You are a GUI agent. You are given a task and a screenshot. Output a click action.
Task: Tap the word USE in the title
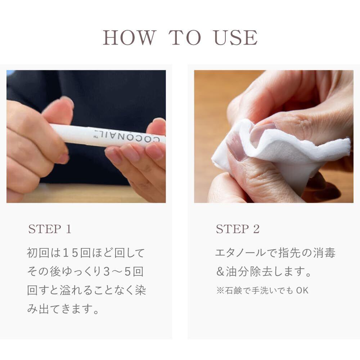tap(235, 37)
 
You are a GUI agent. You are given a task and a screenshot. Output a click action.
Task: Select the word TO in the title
tap(185, 37)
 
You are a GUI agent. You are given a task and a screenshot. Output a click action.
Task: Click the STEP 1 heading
tap(50, 229)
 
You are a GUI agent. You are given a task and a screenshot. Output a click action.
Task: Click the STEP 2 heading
tap(238, 229)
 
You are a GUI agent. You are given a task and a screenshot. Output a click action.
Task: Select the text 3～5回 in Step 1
tap(123, 271)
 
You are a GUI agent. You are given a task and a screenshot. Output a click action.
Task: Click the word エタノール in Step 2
tap(240, 253)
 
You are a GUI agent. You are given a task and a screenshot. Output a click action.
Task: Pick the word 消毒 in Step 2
tap(324, 253)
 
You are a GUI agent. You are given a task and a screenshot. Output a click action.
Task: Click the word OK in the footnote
tap(302, 291)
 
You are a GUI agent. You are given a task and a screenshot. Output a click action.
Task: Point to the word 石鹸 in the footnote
tap(233, 291)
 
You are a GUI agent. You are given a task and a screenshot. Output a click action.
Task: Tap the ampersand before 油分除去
tap(220, 271)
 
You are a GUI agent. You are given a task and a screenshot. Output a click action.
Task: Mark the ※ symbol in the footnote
tap(220, 291)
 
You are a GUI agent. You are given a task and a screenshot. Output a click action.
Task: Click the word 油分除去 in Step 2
tap(249, 271)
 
